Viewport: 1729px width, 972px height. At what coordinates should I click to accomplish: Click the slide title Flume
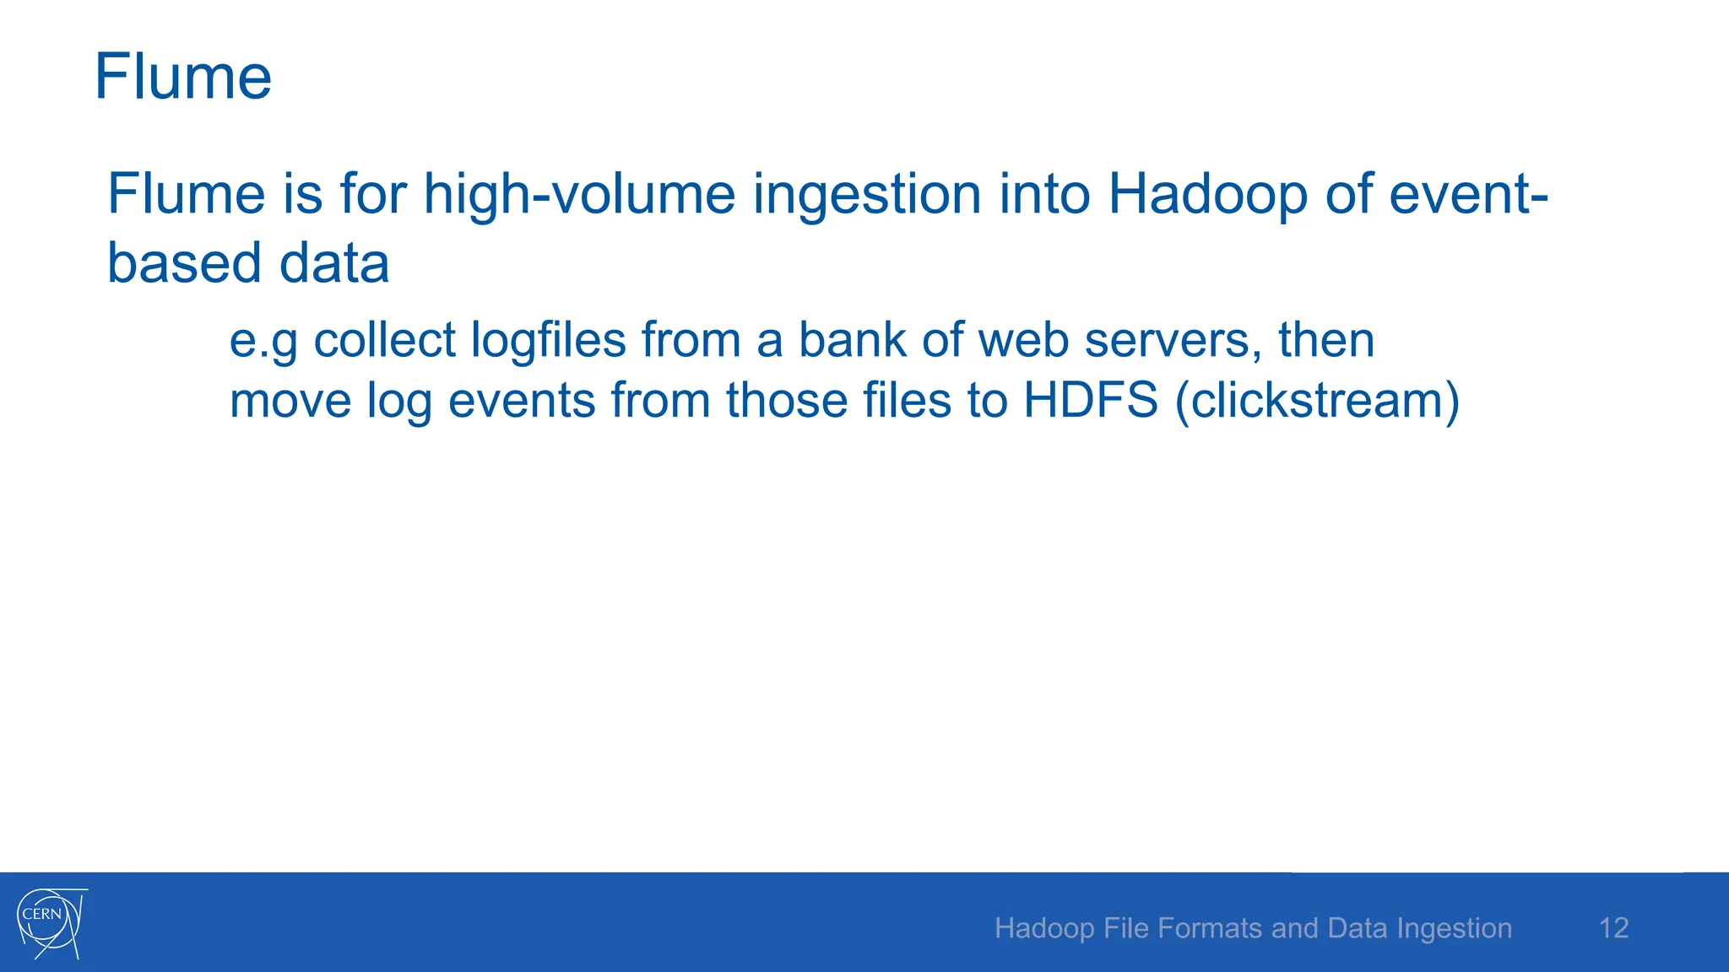click(x=182, y=78)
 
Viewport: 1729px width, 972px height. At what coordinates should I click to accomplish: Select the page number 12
click(x=1613, y=928)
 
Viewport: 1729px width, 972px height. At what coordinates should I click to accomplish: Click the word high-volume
click(x=579, y=194)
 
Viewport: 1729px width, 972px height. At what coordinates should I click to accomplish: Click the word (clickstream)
click(x=1317, y=400)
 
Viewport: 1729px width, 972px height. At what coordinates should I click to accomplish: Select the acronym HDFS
click(x=1090, y=400)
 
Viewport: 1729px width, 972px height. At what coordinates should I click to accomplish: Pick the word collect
click(x=384, y=340)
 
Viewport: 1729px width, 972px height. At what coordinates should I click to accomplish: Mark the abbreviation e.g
click(x=263, y=342)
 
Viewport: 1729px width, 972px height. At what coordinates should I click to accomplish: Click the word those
click(x=786, y=400)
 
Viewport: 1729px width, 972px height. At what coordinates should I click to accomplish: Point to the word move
click(x=290, y=400)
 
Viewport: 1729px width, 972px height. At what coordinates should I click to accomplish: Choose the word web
click(x=1022, y=340)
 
